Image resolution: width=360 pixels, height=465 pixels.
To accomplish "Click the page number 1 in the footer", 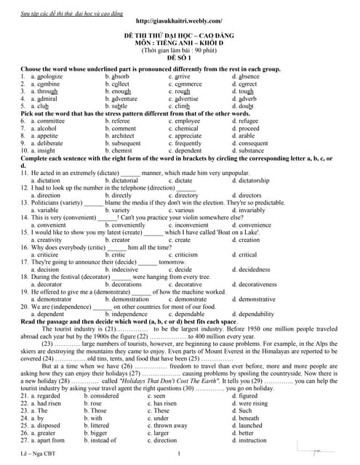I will [x=179, y=454].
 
